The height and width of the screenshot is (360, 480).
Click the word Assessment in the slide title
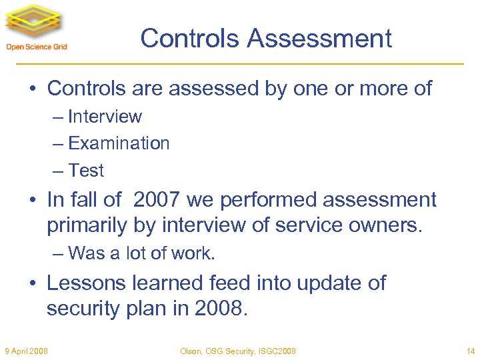click(x=319, y=38)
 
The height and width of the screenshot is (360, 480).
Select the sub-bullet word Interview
click(x=105, y=117)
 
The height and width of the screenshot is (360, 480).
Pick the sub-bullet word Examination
click(x=119, y=143)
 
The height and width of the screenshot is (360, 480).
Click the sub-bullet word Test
click(x=86, y=171)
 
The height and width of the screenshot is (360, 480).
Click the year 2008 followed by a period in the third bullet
click(x=220, y=309)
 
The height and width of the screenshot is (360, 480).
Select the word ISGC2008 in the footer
click(x=277, y=351)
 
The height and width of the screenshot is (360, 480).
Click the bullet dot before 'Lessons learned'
click(x=33, y=283)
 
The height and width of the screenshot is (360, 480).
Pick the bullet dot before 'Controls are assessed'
click(x=33, y=88)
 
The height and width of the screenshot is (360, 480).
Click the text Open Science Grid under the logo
click(x=37, y=47)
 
